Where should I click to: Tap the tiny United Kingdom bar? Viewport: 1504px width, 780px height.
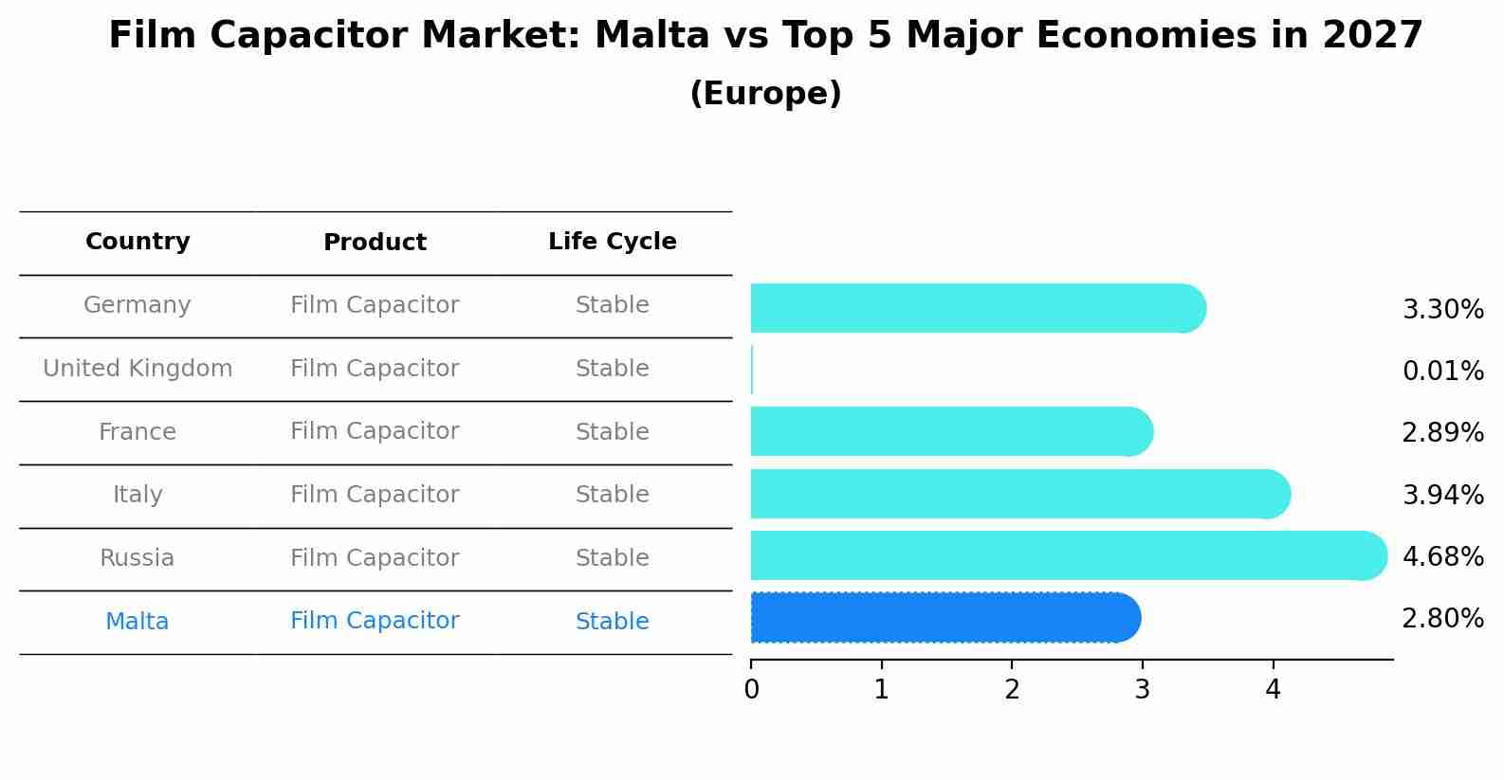(752, 370)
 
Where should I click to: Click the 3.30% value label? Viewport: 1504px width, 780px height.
(1442, 310)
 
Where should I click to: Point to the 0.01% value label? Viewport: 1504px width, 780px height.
(1442, 372)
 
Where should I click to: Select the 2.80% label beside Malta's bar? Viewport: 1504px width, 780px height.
(1442, 619)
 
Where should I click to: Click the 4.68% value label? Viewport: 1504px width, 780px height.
(1442, 556)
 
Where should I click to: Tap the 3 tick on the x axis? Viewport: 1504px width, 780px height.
(1143, 690)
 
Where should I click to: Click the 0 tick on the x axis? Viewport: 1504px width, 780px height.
(752, 690)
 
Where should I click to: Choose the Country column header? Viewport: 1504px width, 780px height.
(138, 242)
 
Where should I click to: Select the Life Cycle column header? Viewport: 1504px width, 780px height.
(612, 242)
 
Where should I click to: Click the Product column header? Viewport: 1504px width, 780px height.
(375, 243)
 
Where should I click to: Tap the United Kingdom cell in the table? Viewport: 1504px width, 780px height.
(138, 369)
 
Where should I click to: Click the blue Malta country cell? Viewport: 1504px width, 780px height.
(138, 622)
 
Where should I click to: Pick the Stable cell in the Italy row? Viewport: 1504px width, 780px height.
(612, 495)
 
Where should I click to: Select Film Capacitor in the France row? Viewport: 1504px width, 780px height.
(375, 431)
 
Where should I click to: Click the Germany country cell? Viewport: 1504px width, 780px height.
(138, 305)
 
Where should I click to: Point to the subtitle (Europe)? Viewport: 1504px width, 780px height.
(765, 94)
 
